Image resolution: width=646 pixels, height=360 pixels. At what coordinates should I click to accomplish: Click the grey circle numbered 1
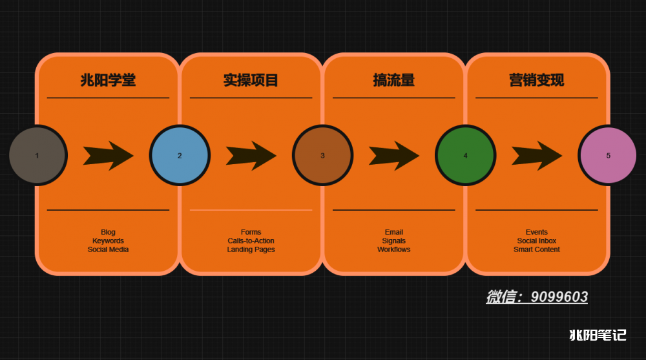click(37, 156)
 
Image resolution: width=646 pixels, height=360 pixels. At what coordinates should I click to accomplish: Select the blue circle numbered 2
click(180, 156)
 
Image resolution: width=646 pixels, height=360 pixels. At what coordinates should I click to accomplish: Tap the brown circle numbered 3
click(322, 156)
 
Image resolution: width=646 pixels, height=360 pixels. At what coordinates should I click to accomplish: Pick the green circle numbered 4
click(466, 156)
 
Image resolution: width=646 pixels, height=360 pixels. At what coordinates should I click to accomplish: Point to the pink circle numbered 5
click(608, 156)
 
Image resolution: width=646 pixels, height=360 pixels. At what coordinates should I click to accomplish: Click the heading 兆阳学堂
click(108, 80)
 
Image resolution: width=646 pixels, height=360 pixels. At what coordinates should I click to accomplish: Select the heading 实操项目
click(251, 80)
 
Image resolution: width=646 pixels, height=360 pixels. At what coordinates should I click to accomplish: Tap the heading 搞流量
click(394, 80)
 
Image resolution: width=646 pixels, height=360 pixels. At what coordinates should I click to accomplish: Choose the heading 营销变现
click(537, 80)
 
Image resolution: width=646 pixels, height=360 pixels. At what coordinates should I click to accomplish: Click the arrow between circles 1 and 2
click(109, 156)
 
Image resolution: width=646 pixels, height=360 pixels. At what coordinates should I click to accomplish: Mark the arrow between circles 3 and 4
click(394, 156)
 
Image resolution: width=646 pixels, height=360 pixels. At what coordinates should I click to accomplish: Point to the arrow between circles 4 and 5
click(537, 156)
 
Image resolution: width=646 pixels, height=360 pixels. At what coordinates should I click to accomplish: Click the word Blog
click(108, 232)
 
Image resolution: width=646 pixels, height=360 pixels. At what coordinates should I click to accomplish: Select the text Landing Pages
click(251, 249)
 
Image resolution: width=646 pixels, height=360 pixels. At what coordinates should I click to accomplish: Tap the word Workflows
click(394, 249)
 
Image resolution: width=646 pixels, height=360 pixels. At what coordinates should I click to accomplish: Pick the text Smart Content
click(537, 249)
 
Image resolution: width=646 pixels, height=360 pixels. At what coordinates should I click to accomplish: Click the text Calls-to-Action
click(251, 241)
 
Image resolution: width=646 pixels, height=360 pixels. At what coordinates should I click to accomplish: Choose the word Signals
click(394, 241)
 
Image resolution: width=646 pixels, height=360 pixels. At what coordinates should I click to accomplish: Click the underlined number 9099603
click(559, 297)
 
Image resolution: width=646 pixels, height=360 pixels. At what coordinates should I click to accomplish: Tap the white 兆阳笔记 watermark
click(598, 335)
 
